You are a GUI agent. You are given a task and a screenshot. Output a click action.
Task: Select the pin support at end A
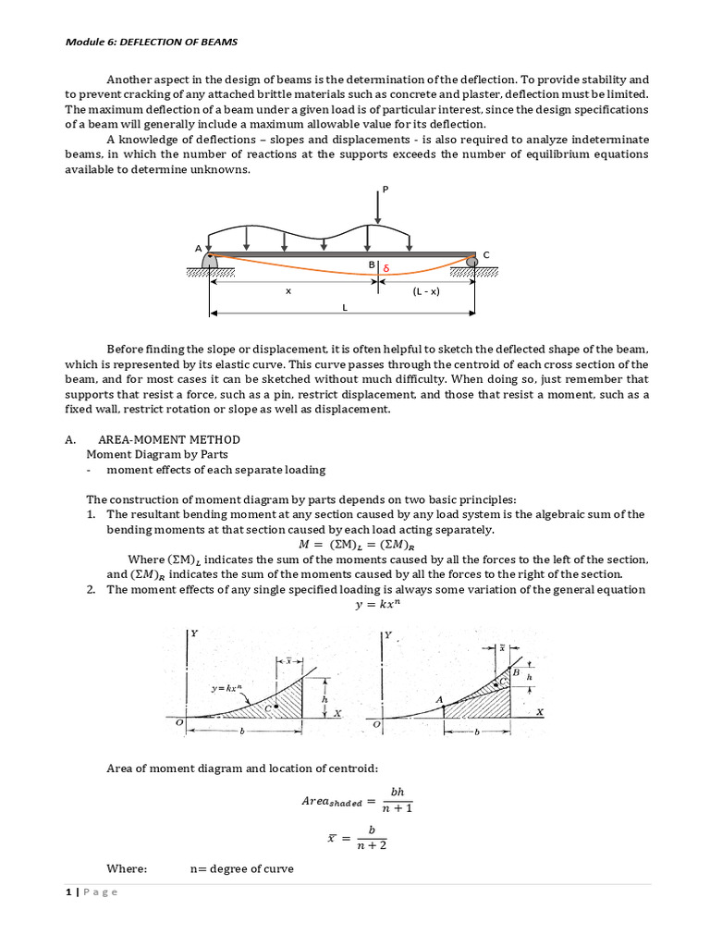210,262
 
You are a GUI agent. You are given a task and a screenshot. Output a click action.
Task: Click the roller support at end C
472,262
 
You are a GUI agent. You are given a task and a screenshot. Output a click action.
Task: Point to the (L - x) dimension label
425,291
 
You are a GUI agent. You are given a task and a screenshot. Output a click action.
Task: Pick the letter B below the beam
371,265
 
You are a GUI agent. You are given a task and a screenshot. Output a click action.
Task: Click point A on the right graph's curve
440,701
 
